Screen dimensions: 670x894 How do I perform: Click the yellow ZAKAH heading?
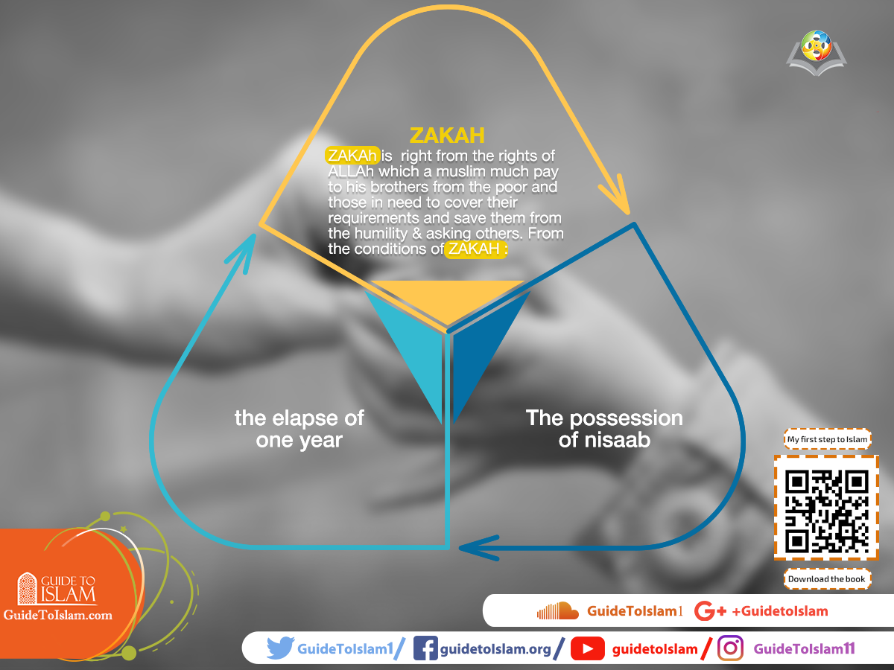tap(447, 135)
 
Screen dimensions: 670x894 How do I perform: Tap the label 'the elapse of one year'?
tap(299, 428)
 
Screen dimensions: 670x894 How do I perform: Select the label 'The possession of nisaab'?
tap(604, 428)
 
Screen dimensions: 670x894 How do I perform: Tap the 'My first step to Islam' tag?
tap(827, 439)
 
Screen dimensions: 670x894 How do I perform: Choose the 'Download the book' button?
tap(827, 578)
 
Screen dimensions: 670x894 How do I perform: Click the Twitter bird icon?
tap(280, 648)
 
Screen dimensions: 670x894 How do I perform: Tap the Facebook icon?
tap(425, 648)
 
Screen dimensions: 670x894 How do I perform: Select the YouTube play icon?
tap(587, 649)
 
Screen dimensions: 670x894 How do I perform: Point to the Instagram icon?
tap(730, 648)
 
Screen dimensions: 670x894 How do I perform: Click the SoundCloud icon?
tap(557, 611)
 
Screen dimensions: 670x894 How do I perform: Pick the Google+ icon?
tap(709, 611)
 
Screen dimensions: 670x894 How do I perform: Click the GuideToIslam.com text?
tap(58, 615)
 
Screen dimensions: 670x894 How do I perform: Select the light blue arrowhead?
tap(242, 249)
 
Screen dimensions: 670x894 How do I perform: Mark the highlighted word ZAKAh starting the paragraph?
tap(353, 155)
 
